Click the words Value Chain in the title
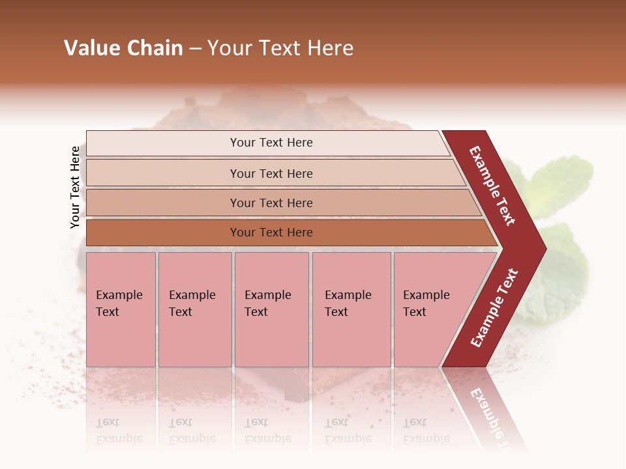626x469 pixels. pos(123,48)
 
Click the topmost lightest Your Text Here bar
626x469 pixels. pos(271,143)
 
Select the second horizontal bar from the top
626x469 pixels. pos(271,173)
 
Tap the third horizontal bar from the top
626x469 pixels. pos(271,203)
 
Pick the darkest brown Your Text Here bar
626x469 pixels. pos(271,233)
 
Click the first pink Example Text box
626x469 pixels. pos(121,309)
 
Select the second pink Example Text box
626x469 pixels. pos(194,309)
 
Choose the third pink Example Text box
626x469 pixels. pos(271,309)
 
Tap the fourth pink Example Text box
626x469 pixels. pos(351,309)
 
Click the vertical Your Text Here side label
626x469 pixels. pos(75,188)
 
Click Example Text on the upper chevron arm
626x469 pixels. pos(493,186)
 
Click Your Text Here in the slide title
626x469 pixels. pos(280,48)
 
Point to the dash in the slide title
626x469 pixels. pos(195,49)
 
